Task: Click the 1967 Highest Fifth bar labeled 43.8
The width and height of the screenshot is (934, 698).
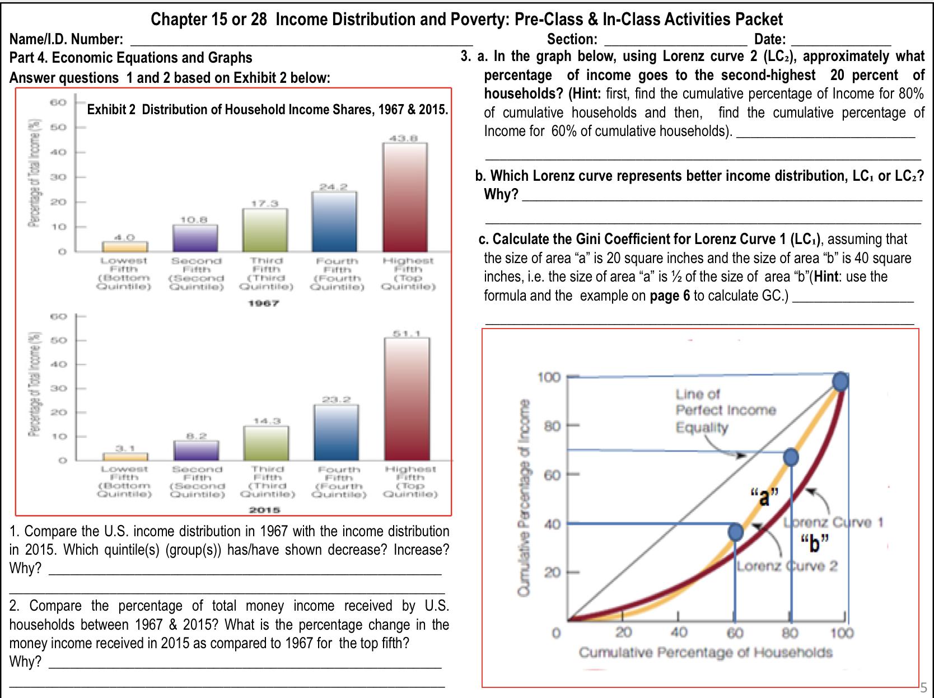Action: pos(405,197)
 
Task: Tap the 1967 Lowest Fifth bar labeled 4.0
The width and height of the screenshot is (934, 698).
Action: pos(125,247)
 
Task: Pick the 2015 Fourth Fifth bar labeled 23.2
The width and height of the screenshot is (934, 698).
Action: pos(337,432)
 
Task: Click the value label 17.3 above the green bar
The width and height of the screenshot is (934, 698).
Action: pos(264,204)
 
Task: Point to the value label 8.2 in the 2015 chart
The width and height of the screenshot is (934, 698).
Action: pos(197,435)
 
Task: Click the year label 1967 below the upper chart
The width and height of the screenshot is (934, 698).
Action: pos(263,303)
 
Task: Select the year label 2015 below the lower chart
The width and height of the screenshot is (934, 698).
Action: pos(264,510)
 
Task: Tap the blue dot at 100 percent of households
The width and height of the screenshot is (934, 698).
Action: pos(840,381)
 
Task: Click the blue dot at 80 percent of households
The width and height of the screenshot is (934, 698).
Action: pos(791,457)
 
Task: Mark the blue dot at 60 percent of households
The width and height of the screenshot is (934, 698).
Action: pos(736,531)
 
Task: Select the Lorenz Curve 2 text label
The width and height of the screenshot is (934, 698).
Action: pos(787,566)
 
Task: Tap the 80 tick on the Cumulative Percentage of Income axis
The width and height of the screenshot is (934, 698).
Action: pos(552,426)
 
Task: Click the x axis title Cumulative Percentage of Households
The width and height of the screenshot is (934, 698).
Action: pos(705,652)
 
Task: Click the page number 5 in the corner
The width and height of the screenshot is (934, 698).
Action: pos(923,687)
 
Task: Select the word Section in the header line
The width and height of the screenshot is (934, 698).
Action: pos(571,39)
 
